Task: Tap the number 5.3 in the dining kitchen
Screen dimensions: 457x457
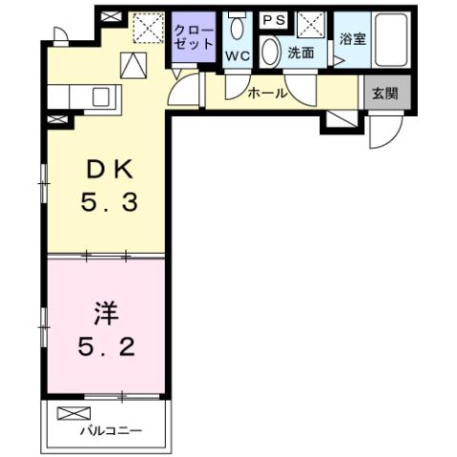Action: pos(114,203)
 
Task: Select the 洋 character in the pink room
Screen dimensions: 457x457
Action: pos(106,312)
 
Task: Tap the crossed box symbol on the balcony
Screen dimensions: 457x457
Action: pos(72,413)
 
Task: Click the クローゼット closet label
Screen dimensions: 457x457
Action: pos(195,38)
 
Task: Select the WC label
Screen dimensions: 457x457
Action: pos(237,55)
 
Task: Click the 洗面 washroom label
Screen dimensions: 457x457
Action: pos(301,53)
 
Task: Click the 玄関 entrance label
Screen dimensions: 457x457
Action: pos(384,93)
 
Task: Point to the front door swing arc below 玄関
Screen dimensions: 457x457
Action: pos(386,132)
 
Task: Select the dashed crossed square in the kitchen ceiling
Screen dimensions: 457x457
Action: pos(148,29)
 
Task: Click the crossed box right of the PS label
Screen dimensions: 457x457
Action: pos(307,24)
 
